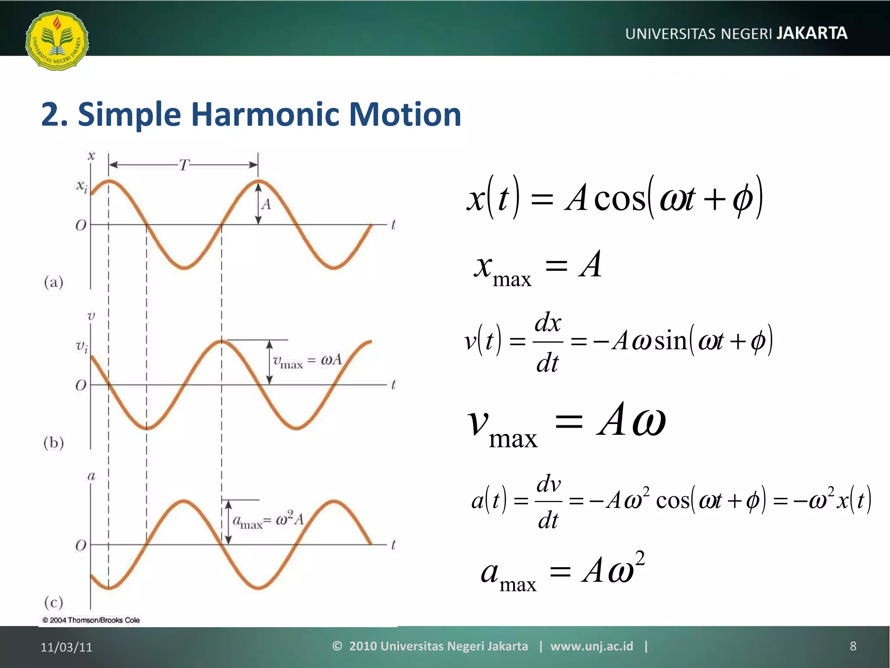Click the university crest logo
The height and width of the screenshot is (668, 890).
pyautogui.click(x=57, y=40)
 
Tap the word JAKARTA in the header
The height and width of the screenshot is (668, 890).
pyautogui.click(x=812, y=33)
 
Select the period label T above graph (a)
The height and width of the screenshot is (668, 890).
pyautogui.click(x=184, y=165)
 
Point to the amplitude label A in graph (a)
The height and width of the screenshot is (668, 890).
pyautogui.click(x=266, y=204)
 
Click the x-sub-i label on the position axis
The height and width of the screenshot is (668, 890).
pyautogui.click(x=82, y=187)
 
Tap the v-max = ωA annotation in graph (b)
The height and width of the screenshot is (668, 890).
pyautogui.click(x=307, y=361)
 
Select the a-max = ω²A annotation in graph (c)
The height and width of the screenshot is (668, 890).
pyautogui.click(x=268, y=520)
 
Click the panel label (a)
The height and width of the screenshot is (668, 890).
pyautogui.click(x=54, y=283)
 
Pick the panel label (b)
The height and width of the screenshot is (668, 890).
pyautogui.click(x=54, y=443)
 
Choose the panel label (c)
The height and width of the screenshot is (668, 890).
pyautogui.click(x=54, y=602)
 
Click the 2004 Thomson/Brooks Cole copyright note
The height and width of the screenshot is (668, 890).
pyautogui.click(x=91, y=620)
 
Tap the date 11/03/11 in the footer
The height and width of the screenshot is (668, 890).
pyautogui.click(x=66, y=647)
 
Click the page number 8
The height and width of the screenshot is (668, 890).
pyautogui.click(x=853, y=646)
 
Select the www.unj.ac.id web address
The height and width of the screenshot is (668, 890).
pyautogui.click(x=591, y=646)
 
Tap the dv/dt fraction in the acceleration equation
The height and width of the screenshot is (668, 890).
pyautogui.click(x=548, y=501)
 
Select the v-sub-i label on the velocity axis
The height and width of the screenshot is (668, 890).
pyautogui.click(x=82, y=347)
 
